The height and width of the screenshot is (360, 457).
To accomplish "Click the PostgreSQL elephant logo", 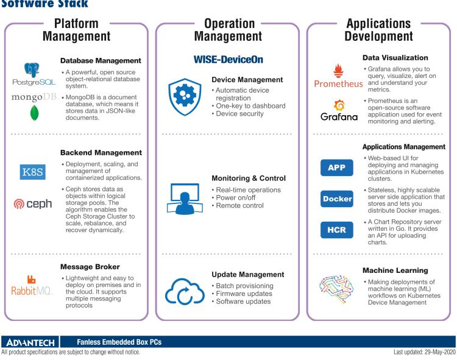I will coord(30,69).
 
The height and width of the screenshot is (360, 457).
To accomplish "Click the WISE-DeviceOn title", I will coord(227,60).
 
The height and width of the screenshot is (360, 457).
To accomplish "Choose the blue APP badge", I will coord(336,168).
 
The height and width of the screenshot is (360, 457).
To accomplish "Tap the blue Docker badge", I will coord(336,199).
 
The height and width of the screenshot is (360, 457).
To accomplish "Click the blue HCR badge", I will coord(336,229).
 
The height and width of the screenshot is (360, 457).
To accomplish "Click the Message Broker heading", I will coord(90,266).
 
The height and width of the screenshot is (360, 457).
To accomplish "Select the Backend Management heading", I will coord(101,152).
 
